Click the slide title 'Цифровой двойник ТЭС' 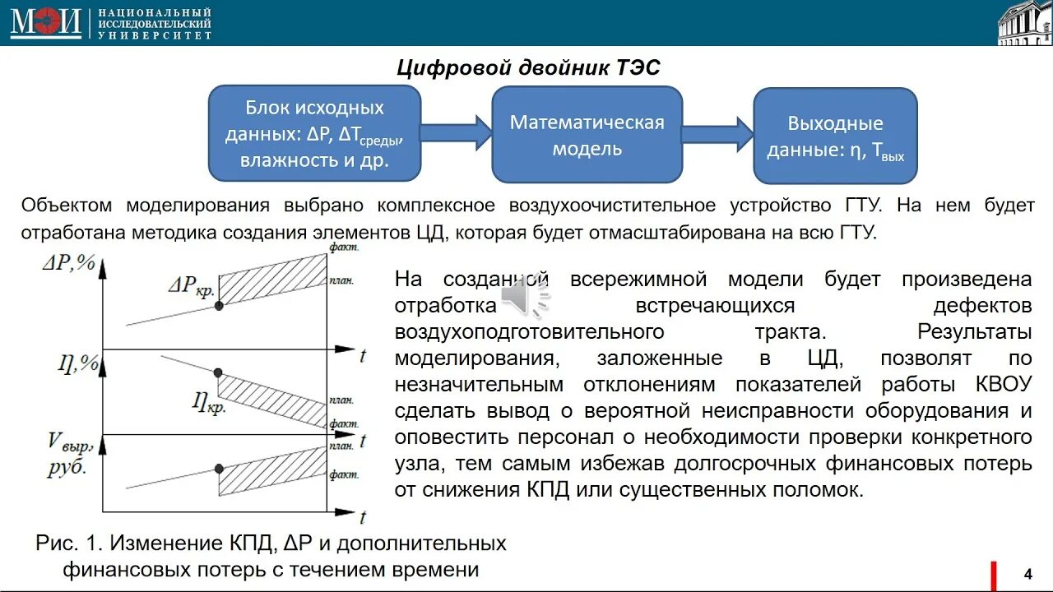[528, 67]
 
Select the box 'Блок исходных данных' [314, 133]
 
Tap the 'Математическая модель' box [587, 135]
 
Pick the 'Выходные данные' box [835, 136]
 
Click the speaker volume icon [526, 298]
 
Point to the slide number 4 [1027, 573]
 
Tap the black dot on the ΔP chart [219, 305]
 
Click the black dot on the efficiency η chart [218, 372]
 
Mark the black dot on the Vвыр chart [219, 468]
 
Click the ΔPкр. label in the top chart [191, 285]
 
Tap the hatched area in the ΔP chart [276, 280]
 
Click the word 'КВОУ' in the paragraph [1004, 384]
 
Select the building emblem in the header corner [1023, 23]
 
